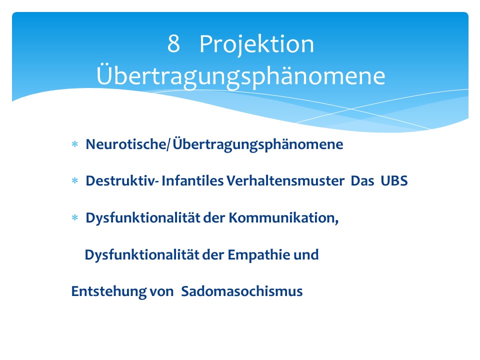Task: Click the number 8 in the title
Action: [173, 43]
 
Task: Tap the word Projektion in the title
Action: [256, 44]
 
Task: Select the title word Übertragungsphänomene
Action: [240, 75]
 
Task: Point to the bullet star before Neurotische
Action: [74, 144]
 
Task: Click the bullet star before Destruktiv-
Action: [74, 180]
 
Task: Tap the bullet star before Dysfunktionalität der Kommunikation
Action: [74, 217]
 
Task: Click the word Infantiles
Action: [192, 180]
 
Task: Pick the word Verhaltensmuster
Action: [285, 180]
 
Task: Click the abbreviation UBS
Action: [394, 180]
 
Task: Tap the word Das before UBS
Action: [362, 180]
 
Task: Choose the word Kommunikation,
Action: [283, 218]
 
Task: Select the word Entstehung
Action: [108, 291]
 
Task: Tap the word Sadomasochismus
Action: [242, 291]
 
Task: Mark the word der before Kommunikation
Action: [214, 218]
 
